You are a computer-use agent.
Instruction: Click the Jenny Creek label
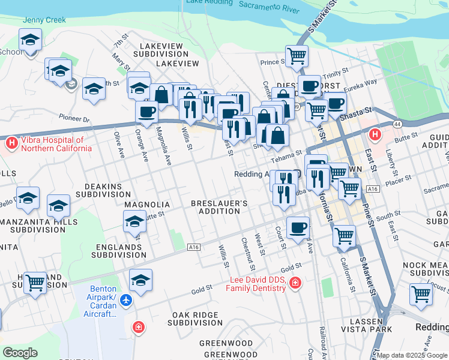(x=44, y=20)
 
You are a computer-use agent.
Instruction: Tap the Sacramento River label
(x=269, y=7)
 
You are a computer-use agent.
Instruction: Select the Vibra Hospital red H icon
(x=11, y=143)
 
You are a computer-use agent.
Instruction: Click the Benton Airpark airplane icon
(x=127, y=299)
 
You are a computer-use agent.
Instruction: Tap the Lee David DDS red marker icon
(x=295, y=283)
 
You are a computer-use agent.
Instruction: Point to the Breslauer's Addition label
(x=219, y=208)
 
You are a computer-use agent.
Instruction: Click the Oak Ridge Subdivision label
(x=197, y=319)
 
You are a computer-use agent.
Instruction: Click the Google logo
(x=20, y=353)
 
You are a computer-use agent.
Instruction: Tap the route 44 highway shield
(x=397, y=124)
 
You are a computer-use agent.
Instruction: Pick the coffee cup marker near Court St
(x=298, y=227)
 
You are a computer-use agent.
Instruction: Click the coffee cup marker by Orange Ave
(x=146, y=111)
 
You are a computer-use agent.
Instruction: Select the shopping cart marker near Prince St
(x=297, y=56)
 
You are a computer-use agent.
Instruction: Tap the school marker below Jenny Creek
(x=30, y=40)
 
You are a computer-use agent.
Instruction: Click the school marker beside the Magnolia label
(x=134, y=223)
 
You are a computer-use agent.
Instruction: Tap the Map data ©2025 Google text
(x=412, y=355)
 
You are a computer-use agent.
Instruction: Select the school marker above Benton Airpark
(x=140, y=280)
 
